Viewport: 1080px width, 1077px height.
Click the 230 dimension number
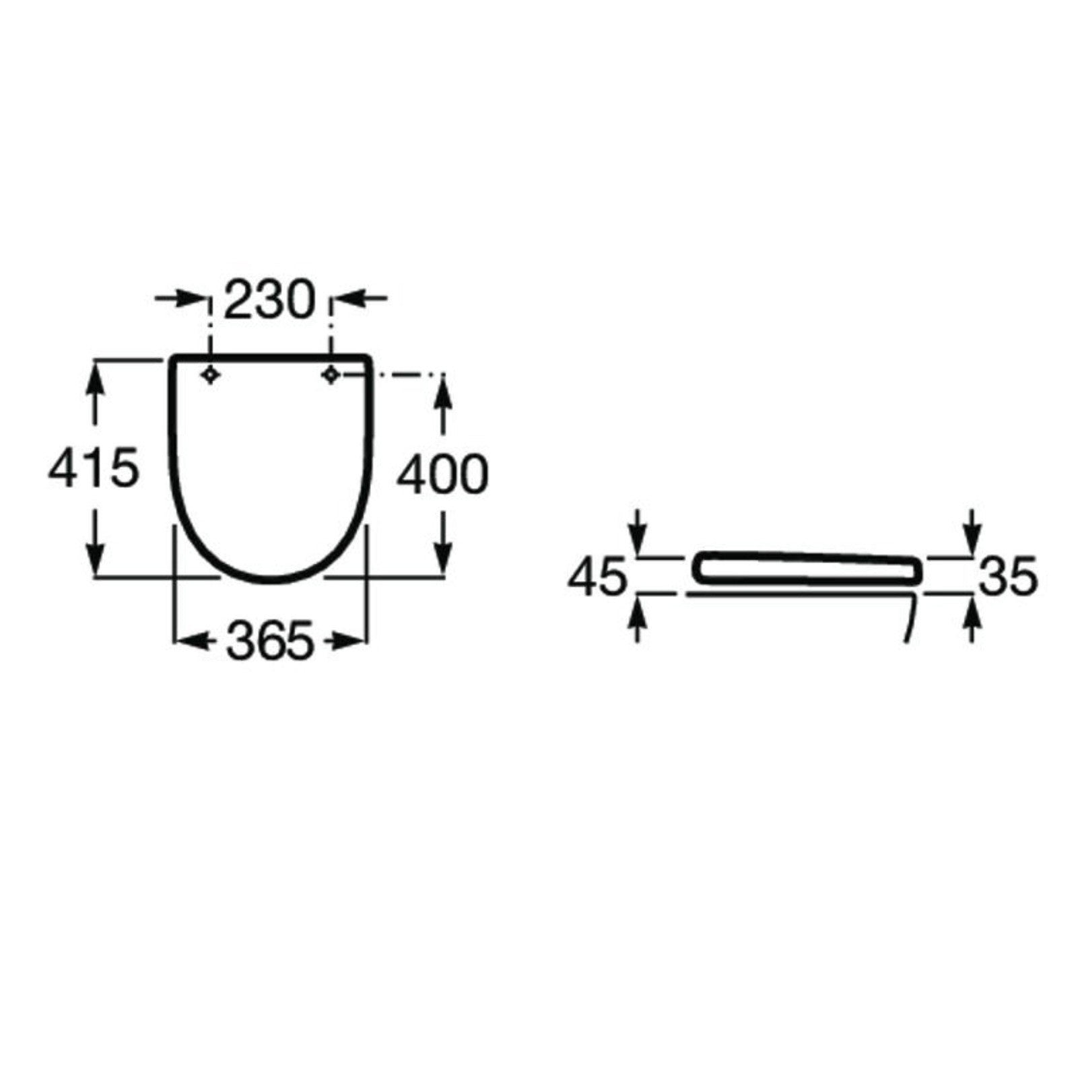point(269,300)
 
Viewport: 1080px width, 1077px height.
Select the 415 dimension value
point(94,469)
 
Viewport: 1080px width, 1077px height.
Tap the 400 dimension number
point(442,476)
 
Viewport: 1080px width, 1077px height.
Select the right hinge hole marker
point(330,375)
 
